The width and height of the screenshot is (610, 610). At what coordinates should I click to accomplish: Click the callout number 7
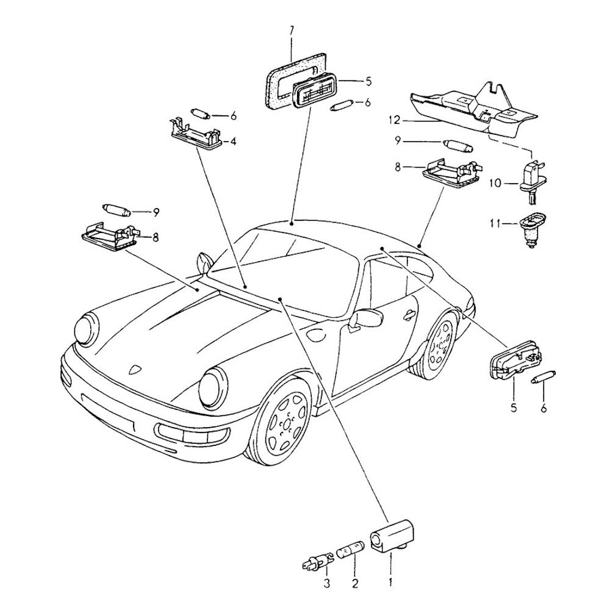click(x=292, y=30)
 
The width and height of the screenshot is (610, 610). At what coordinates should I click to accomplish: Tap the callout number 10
click(x=495, y=182)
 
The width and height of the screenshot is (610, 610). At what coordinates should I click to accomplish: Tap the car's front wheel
click(x=282, y=422)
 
